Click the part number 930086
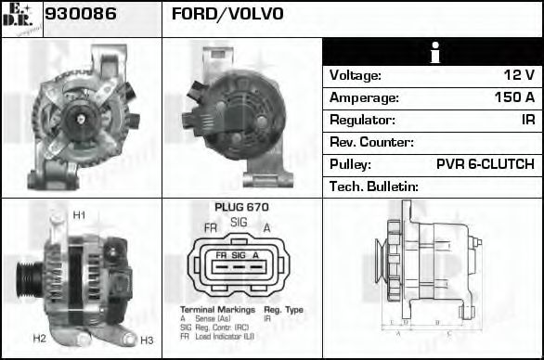(x=81, y=14)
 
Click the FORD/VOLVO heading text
(x=227, y=14)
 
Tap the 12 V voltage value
(x=518, y=75)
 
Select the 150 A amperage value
(x=513, y=97)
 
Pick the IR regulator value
(x=527, y=120)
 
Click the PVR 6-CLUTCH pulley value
(x=485, y=164)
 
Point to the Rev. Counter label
(x=371, y=142)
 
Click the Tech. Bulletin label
(x=374, y=186)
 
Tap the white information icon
(x=434, y=53)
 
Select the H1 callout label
(x=79, y=216)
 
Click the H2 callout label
(x=39, y=339)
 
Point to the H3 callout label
(x=147, y=341)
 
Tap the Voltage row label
(x=356, y=75)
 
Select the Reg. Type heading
(x=283, y=308)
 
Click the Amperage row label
(x=365, y=97)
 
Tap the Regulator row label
(x=363, y=120)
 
